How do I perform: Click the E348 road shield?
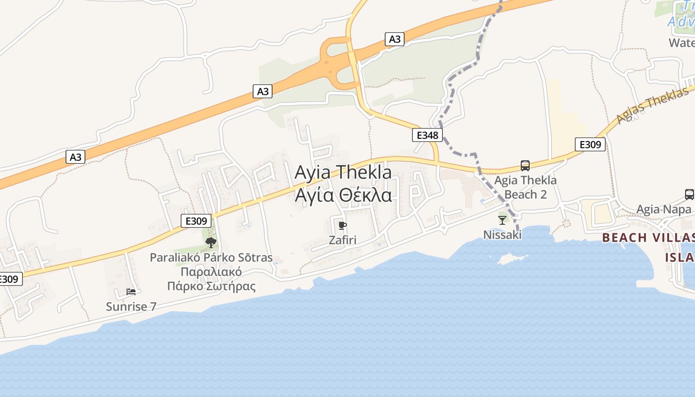[x=427, y=135]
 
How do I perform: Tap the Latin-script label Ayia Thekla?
[x=343, y=173]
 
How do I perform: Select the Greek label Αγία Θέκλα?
[x=343, y=196]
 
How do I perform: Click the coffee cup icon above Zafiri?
[x=342, y=226]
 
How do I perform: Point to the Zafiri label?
[x=343, y=240]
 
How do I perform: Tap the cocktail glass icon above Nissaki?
[x=502, y=220]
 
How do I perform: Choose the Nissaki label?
[x=502, y=234]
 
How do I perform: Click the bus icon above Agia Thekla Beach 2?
[x=525, y=166]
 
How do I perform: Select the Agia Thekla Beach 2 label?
[x=525, y=187]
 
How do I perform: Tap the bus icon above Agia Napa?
[x=689, y=195]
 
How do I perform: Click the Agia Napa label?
[x=664, y=209]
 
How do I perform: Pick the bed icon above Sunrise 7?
[x=131, y=292]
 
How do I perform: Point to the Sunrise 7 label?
[x=131, y=307]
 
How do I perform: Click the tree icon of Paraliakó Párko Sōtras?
[x=211, y=243]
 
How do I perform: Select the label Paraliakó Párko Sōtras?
[x=211, y=258]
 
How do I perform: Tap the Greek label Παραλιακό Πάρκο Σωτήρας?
[x=211, y=279]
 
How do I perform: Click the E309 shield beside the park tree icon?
[x=196, y=221]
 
